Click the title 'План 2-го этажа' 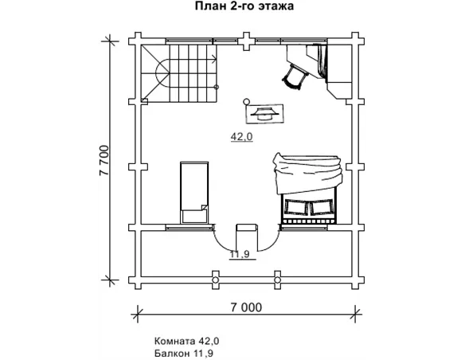tap(244, 6)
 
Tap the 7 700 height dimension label tap(105, 161)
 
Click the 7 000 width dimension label tap(247, 307)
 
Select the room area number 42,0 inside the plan tap(242, 137)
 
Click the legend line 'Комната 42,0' tap(187, 341)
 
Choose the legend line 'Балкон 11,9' tap(184, 353)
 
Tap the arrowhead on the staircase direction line tap(214, 60)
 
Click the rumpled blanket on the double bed tap(308, 173)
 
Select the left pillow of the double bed tap(295, 207)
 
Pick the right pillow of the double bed tap(321, 207)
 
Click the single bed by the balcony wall tap(194, 193)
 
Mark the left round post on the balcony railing tap(216, 280)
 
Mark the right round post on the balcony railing tap(277, 280)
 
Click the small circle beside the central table tap(246, 102)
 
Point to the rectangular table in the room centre tap(264, 114)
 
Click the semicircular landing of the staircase tap(162, 73)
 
